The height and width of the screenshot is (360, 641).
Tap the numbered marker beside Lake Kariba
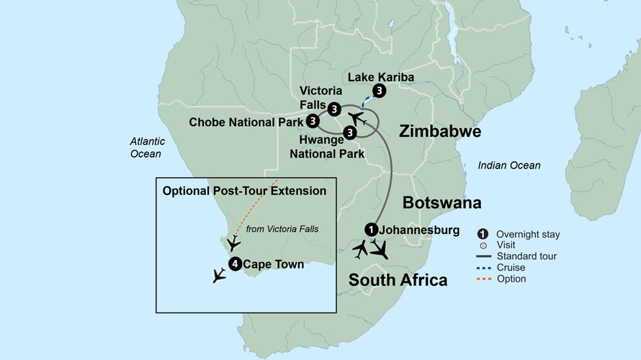[380, 91]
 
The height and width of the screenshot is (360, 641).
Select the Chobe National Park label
[246, 122]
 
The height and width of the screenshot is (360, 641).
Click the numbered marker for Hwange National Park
[349, 132]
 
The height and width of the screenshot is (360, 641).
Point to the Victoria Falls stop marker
[334, 109]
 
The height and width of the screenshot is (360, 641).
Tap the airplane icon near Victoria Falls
[357, 117]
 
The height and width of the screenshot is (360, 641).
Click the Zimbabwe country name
[439, 132]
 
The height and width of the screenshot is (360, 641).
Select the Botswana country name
[441, 202]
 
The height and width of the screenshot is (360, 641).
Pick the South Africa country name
[398, 279]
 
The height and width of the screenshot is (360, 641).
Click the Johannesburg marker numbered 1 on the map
[370, 229]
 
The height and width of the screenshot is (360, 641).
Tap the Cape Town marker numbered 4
[235, 264]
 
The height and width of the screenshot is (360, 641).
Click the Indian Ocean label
[508, 166]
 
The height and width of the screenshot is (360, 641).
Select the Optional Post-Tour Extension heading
[245, 191]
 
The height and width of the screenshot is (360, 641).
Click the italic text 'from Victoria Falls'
[282, 229]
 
